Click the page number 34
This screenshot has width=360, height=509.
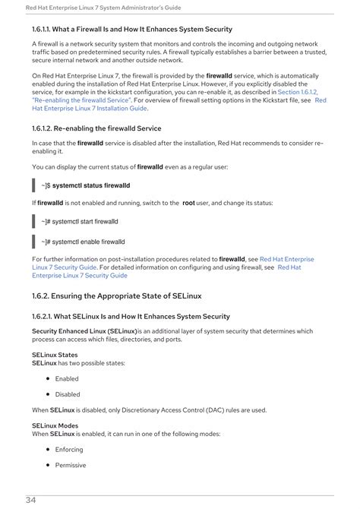coord(31,500)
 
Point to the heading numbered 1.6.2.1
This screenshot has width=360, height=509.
coord(131,316)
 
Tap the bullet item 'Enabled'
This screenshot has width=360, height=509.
coord(67,378)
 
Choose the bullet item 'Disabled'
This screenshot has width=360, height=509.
coord(68,394)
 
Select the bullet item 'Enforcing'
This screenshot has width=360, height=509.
coord(69,450)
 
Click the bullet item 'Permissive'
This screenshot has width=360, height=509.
coord(71,465)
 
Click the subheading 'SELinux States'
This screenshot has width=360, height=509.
coord(54,355)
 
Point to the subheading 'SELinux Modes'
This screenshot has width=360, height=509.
coord(55,425)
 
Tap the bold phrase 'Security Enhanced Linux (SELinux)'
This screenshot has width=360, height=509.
coord(84,331)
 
